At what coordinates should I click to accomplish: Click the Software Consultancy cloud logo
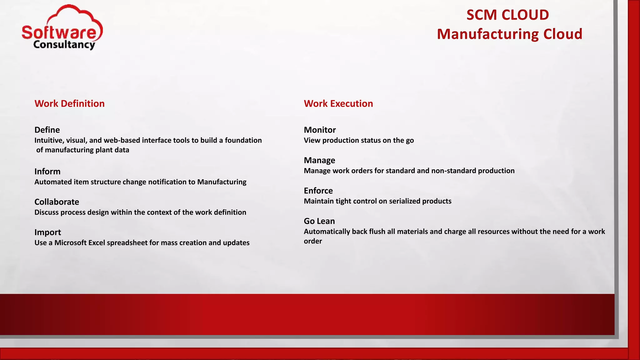coord(62,27)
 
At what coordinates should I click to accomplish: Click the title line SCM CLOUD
coord(507,15)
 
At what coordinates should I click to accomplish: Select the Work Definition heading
coord(69,103)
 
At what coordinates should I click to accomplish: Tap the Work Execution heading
coord(338,103)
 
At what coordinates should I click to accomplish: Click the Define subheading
coord(47,130)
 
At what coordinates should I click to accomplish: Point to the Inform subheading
coord(47,171)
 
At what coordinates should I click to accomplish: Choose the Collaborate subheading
coord(57,202)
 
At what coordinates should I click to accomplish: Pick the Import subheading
coord(47,232)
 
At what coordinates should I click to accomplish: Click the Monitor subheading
coord(320,130)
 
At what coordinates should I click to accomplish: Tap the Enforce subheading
coord(318,191)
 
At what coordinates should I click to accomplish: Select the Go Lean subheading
coord(319,221)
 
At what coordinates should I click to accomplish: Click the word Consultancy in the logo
coord(64,45)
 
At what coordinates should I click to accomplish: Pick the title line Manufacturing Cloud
coord(509,34)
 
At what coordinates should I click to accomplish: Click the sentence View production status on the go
coord(359,140)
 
